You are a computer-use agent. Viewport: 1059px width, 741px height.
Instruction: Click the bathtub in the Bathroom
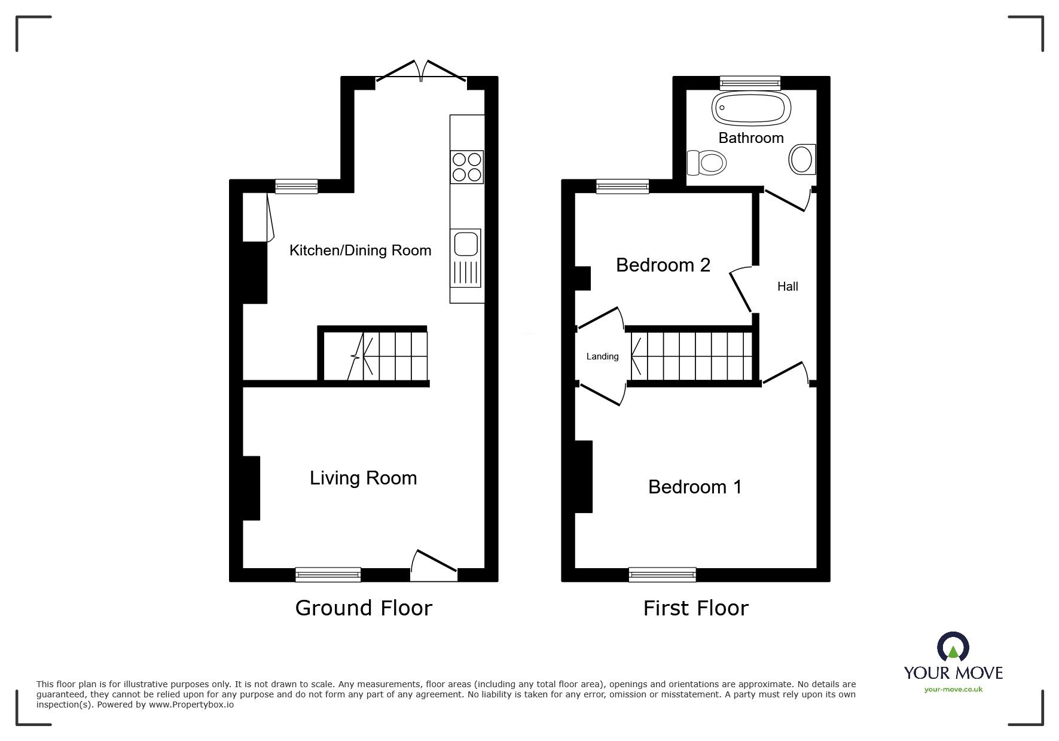coord(751,109)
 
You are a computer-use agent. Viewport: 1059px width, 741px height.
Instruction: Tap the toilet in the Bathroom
coord(707,161)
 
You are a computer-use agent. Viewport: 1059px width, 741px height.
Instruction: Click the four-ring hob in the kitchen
coord(467,167)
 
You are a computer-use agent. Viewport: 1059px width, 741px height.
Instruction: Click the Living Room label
coord(363,478)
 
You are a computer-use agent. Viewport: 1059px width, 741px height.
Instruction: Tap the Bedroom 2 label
coord(663,265)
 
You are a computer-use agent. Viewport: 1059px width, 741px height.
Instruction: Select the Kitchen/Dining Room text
coord(360,250)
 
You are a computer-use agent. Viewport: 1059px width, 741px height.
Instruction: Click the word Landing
coord(602,356)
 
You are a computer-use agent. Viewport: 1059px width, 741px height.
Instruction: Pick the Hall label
coord(788,286)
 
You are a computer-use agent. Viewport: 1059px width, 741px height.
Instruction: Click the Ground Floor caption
coord(364,608)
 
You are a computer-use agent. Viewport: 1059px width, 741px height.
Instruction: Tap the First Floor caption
coord(695,608)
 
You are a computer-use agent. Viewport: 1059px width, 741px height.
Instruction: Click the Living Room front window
coord(328,575)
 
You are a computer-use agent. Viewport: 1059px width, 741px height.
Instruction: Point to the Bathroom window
coord(750,83)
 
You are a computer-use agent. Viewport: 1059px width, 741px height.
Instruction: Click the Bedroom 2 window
coord(622,187)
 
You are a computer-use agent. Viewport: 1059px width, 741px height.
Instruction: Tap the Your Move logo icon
coord(953,647)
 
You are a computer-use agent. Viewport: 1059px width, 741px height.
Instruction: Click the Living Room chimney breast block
coord(251,488)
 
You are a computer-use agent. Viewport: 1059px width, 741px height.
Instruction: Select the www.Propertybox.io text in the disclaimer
coord(191,705)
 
